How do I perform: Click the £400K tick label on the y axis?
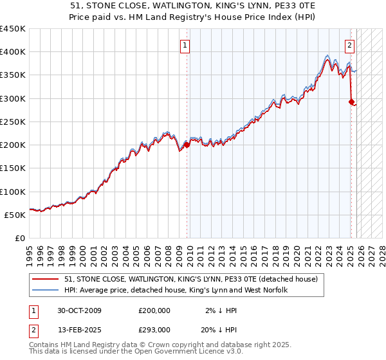coord(13,52)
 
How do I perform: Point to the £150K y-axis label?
coord(13,168)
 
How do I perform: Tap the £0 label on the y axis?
coord(21,239)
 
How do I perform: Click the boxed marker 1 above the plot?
coord(185,46)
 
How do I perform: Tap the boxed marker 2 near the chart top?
coord(349,46)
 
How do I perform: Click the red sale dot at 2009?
coord(187,145)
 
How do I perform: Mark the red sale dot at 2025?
coord(351,102)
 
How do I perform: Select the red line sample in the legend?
coord(46,280)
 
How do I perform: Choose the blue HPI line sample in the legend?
coord(46,291)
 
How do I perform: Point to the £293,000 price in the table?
coord(154,329)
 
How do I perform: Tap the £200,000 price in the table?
coord(154,310)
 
